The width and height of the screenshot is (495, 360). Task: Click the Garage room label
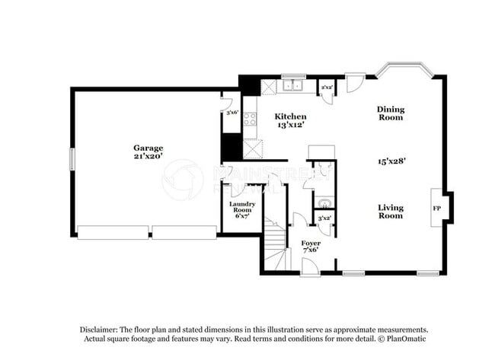(x=148, y=148)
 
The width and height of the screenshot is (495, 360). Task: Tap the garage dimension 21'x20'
(x=148, y=156)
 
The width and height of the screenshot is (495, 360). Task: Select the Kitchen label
(x=290, y=116)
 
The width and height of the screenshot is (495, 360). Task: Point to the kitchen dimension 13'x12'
(x=290, y=125)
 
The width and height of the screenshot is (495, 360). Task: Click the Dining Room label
(x=391, y=113)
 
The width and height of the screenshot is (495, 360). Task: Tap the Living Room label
(x=391, y=211)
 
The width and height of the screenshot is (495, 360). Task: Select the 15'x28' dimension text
(x=391, y=161)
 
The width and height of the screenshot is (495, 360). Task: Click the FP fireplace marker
(x=437, y=207)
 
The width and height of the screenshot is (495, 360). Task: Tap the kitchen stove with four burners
(x=250, y=119)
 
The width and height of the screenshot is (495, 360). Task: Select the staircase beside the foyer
(x=276, y=242)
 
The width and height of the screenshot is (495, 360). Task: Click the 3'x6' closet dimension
(x=230, y=112)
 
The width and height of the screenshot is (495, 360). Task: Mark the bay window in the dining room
(x=404, y=71)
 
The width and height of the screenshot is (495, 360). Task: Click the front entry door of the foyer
(x=310, y=269)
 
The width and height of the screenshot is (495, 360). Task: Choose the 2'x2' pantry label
(x=326, y=88)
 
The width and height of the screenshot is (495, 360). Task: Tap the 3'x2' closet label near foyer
(x=324, y=218)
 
